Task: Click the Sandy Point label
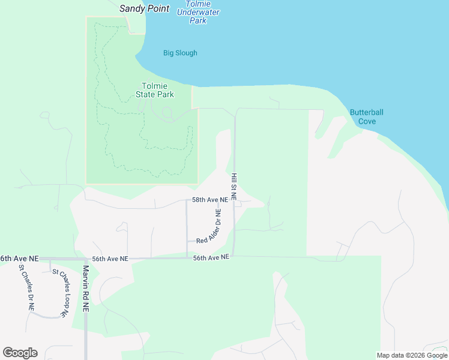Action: coord(144,8)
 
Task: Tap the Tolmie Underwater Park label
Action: coord(198,12)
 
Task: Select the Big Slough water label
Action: coord(180,53)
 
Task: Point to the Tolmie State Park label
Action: coord(157,90)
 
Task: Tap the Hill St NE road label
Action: coord(234,186)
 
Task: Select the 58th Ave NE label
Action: coord(209,200)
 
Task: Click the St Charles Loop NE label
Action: coord(61,293)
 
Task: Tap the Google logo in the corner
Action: coord(20,353)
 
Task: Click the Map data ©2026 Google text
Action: coord(412,355)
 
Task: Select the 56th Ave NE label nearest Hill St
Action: coord(211,257)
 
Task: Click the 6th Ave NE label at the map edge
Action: coord(19,258)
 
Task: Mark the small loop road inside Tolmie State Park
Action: coord(167,112)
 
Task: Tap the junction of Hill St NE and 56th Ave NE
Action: coord(234,257)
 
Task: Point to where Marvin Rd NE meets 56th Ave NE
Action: coord(86,259)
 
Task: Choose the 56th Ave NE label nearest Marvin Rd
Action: coord(110,259)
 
